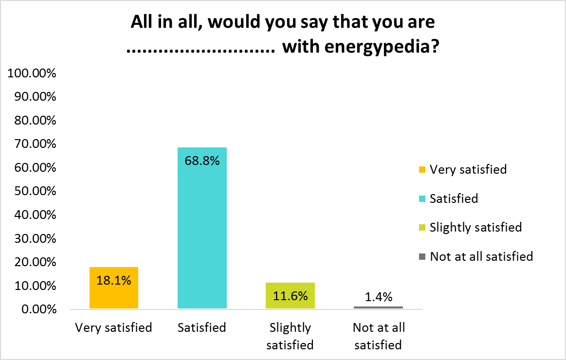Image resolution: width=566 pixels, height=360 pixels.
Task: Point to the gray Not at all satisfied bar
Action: (379, 307)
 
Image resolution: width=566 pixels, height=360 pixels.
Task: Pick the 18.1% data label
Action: (114, 280)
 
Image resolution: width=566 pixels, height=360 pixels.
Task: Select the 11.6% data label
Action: (290, 296)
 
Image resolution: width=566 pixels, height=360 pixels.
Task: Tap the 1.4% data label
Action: (379, 297)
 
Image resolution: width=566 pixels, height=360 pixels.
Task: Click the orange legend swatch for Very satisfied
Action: (421, 170)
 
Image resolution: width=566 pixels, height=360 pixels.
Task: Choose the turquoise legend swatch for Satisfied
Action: (421, 198)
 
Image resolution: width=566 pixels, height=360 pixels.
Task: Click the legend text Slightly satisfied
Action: (475, 227)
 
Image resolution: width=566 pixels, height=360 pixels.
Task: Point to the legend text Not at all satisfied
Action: (481, 256)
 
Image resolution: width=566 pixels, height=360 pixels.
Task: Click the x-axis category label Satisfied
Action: (202, 327)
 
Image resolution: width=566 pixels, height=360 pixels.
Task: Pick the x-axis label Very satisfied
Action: (114, 327)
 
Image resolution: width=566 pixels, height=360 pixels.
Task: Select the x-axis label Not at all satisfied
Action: (379, 336)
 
